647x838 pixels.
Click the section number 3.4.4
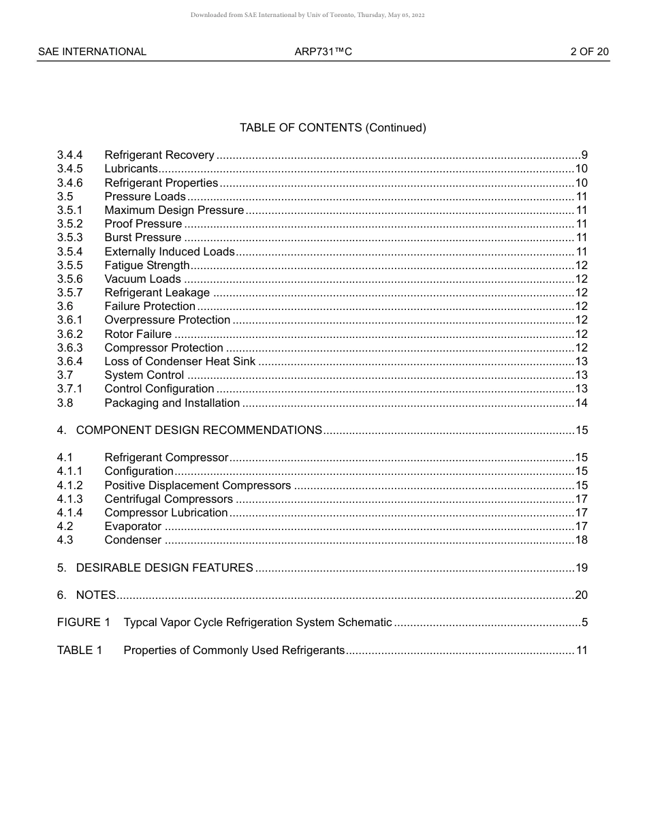click(69, 155)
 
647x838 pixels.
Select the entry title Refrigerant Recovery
click(159, 155)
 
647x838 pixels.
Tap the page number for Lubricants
click(581, 169)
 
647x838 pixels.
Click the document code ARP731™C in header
click(323, 52)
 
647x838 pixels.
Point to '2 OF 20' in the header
click(589, 52)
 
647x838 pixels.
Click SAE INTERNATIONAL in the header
click(92, 52)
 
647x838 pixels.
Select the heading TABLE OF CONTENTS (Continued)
click(332, 127)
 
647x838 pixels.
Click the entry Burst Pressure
click(143, 238)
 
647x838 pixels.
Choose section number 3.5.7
click(69, 293)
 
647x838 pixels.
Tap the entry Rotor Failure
click(138, 334)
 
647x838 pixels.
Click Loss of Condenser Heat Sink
click(180, 362)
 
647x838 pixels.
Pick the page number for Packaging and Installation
click(581, 403)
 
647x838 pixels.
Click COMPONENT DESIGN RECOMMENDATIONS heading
click(199, 431)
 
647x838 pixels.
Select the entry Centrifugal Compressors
click(168, 499)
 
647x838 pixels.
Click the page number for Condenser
click(581, 540)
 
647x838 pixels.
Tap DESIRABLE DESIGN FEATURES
click(165, 568)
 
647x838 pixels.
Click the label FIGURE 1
click(83, 623)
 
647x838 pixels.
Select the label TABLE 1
click(80, 651)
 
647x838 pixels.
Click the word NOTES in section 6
click(96, 595)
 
